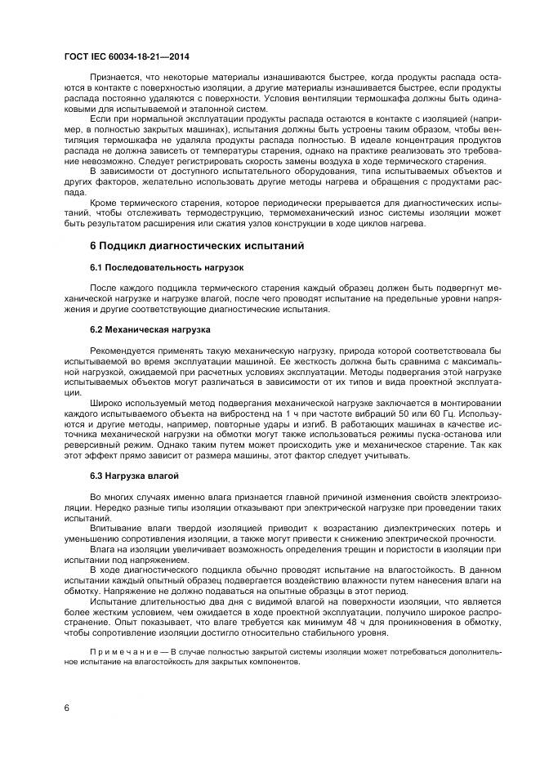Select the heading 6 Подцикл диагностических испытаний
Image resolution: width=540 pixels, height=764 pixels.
point(197,246)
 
